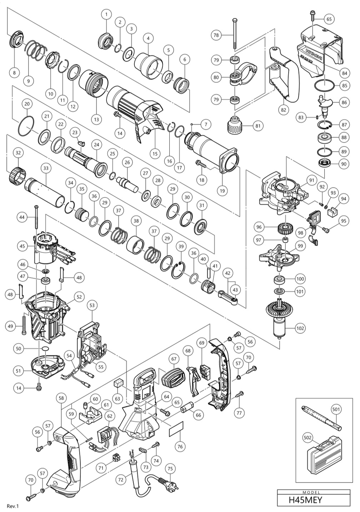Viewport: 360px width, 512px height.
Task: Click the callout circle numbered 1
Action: coord(106,14)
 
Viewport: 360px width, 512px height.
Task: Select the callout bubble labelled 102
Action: coord(300,328)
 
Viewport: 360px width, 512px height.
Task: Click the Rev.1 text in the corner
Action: coord(12,506)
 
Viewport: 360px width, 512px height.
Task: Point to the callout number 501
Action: coord(336,410)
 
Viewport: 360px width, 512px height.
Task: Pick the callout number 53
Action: coord(92,306)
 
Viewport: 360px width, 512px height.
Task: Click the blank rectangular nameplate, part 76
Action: coord(176,430)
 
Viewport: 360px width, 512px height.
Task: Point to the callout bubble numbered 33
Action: coord(45,167)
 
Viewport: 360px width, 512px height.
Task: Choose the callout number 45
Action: coord(22,246)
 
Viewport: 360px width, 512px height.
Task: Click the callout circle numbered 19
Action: coord(222,191)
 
